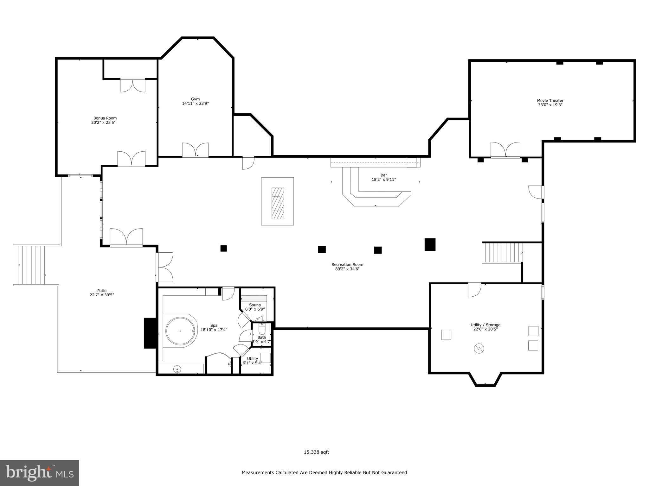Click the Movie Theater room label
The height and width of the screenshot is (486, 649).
pyautogui.click(x=550, y=101)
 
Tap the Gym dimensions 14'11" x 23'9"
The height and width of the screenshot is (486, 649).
pyautogui.click(x=195, y=103)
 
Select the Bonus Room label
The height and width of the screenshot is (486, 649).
pyautogui.click(x=105, y=118)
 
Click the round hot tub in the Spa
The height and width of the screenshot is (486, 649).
pyautogui.click(x=180, y=331)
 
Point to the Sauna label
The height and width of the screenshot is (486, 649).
pyautogui.click(x=255, y=305)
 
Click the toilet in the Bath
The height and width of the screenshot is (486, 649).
pyautogui.click(x=262, y=330)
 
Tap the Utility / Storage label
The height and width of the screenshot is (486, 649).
pyautogui.click(x=485, y=325)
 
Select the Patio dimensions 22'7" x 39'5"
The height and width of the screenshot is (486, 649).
pyautogui.click(x=102, y=295)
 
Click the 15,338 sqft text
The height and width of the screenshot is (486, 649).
pyautogui.click(x=316, y=452)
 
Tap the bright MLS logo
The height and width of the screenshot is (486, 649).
pyautogui.click(x=39, y=473)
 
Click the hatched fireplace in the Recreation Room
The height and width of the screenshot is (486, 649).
pyautogui.click(x=278, y=203)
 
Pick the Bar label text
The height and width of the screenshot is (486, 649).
pyautogui.click(x=383, y=175)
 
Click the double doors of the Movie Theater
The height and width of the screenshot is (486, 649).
pyautogui.click(x=505, y=150)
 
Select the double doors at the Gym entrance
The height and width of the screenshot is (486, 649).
pyautogui.click(x=195, y=150)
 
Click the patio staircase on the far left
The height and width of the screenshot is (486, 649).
pyautogui.click(x=31, y=265)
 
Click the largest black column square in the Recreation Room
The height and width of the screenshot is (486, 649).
pyautogui.click(x=430, y=244)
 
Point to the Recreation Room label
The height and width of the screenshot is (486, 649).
pyautogui.click(x=347, y=265)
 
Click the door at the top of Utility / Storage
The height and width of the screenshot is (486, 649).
pyautogui.click(x=474, y=289)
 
